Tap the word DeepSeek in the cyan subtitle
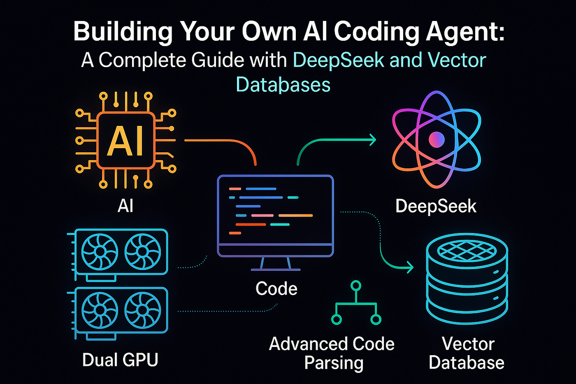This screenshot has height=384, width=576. [339, 61]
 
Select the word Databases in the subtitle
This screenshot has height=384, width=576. [283, 85]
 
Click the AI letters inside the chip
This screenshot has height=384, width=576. [125, 141]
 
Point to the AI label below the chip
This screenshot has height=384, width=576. [125, 205]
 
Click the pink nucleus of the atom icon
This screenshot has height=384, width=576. [437, 140]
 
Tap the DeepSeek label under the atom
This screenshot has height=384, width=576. [436, 206]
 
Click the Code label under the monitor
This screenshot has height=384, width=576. [276, 289]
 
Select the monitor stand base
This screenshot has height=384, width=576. [275, 270]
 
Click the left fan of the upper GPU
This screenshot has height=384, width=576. [100, 251]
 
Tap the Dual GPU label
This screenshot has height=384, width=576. [120, 360]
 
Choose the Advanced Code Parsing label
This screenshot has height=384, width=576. [332, 353]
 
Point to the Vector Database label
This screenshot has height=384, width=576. [467, 353]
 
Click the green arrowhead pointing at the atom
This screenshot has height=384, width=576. [372, 140]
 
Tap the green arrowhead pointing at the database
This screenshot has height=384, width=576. [409, 267]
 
